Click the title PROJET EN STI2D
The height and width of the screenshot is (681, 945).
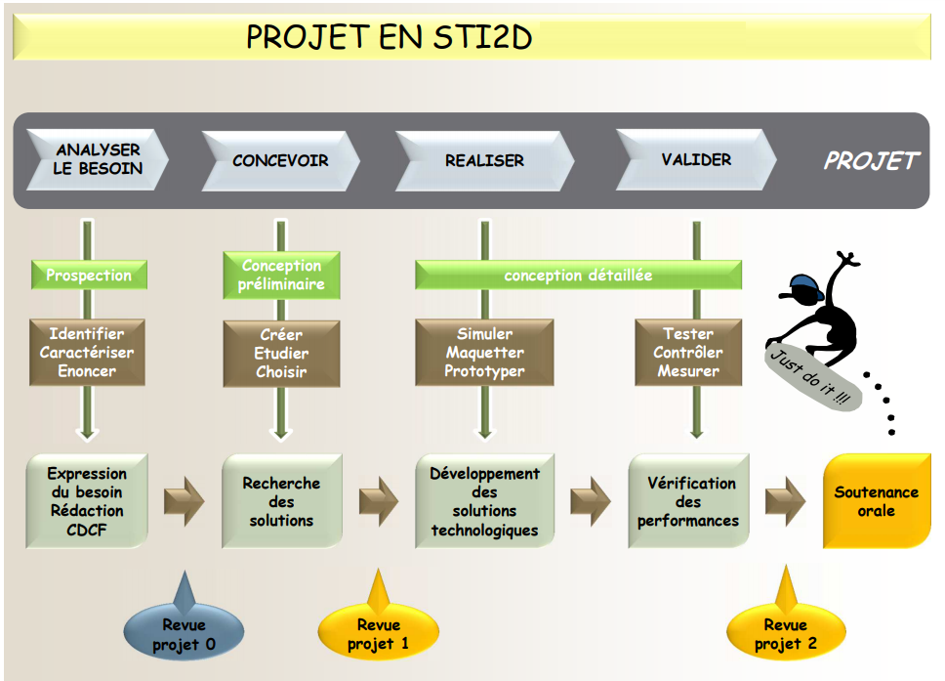(x=389, y=37)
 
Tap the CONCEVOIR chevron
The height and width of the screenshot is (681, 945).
(x=281, y=160)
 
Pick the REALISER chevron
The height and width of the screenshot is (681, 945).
(x=485, y=160)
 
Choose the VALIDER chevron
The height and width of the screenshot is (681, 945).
(x=696, y=159)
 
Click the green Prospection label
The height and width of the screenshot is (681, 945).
(x=89, y=275)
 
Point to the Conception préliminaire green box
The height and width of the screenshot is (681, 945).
(x=281, y=275)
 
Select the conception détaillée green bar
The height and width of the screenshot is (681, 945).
(x=578, y=276)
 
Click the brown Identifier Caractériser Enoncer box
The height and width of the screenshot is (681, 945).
(x=87, y=353)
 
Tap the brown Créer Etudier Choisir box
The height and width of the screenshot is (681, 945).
(x=281, y=353)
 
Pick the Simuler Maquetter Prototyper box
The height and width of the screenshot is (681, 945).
(x=484, y=353)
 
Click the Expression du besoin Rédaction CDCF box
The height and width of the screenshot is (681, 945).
(x=87, y=500)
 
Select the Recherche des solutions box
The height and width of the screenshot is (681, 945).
(x=281, y=501)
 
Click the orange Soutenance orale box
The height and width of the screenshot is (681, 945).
(x=876, y=500)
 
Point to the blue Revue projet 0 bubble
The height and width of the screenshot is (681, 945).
(x=185, y=633)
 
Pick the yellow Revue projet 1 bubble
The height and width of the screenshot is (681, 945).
(x=378, y=633)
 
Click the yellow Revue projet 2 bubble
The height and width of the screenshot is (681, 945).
(x=786, y=633)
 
